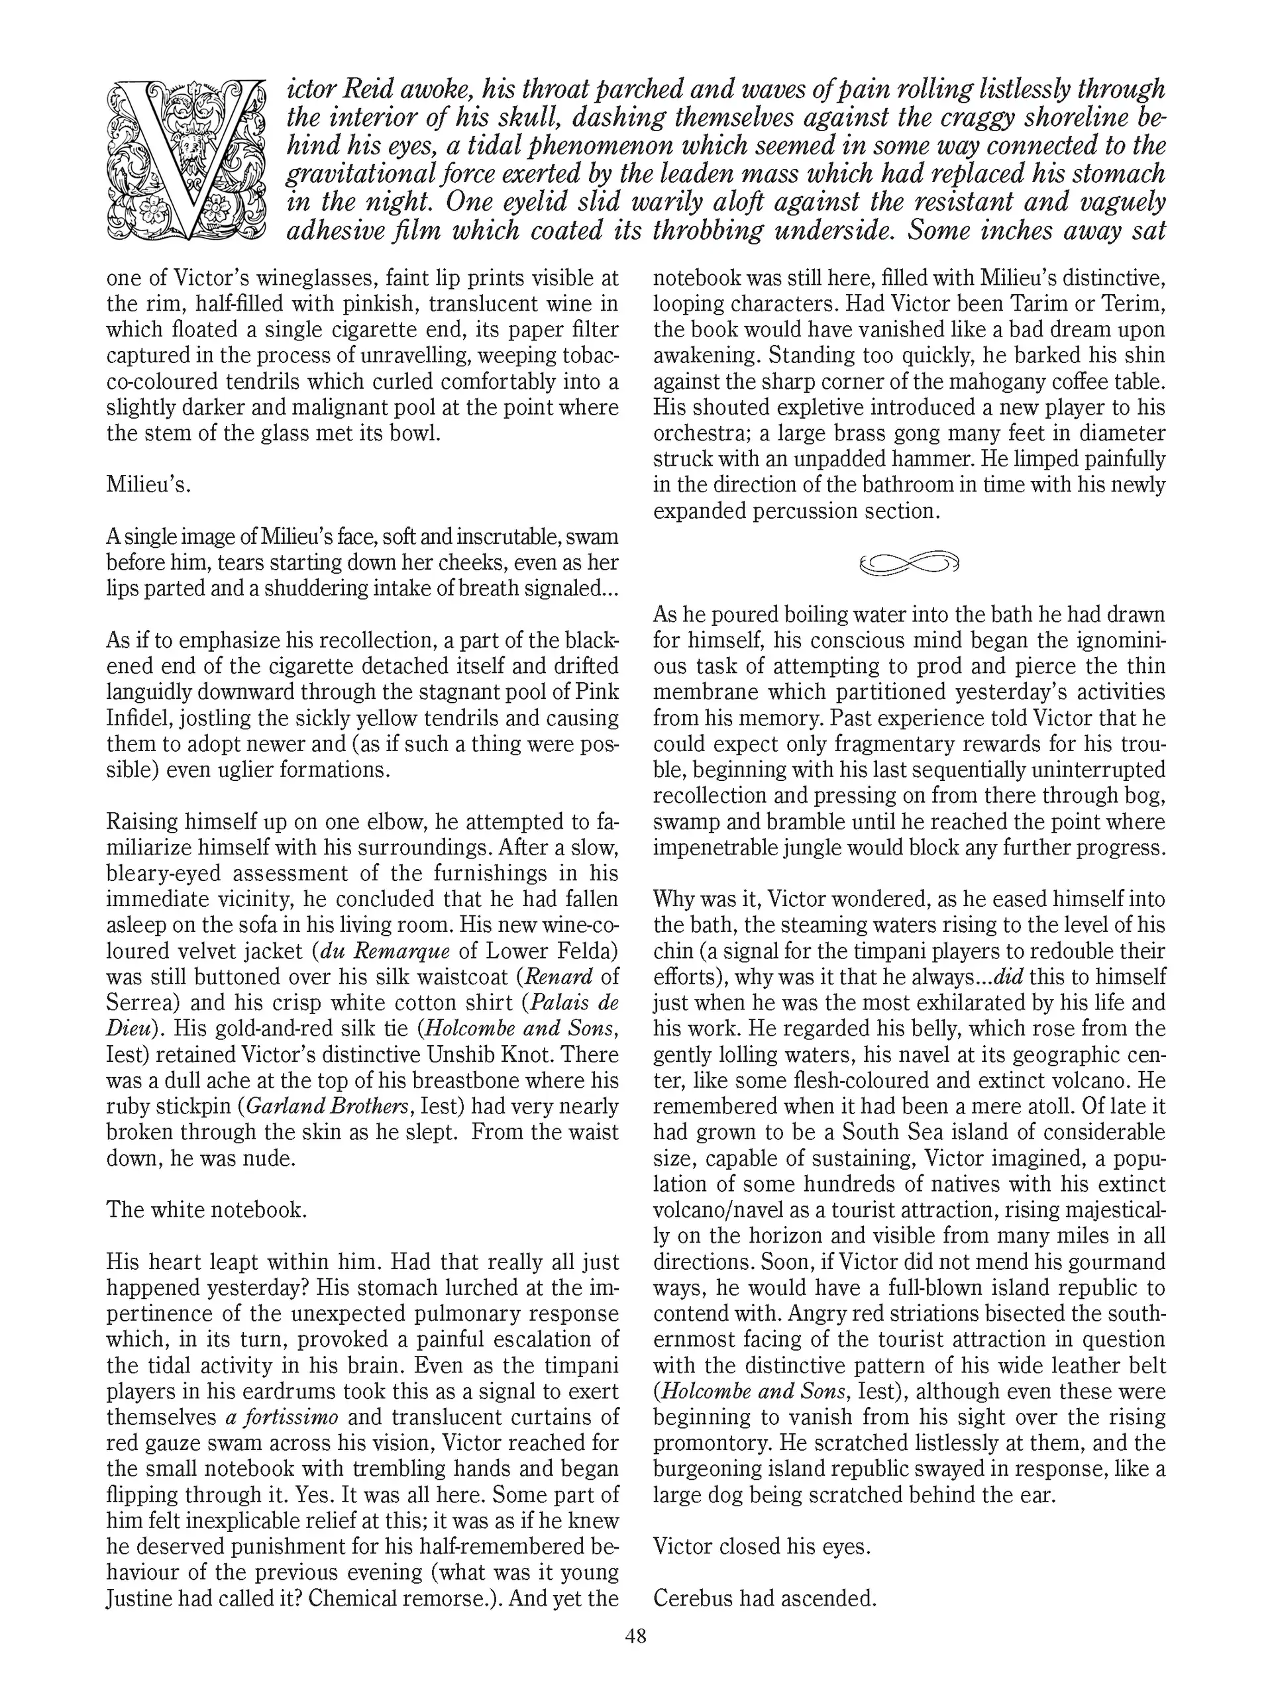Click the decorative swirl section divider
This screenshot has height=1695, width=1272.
pos(909,563)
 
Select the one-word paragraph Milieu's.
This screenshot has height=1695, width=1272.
pos(148,485)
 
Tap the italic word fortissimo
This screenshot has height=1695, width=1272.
pos(290,1417)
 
